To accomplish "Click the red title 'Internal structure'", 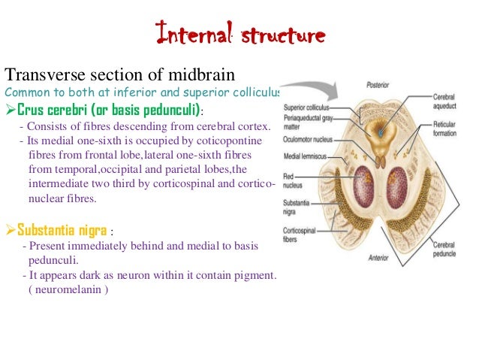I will [x=239, y=33].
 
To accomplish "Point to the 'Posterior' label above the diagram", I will [x=378, y=86].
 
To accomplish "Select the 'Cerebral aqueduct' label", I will [x=447, y=102].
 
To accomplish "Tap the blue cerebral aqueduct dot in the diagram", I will [x=382, y=133].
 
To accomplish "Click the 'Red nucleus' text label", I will [x=294, y=183].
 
